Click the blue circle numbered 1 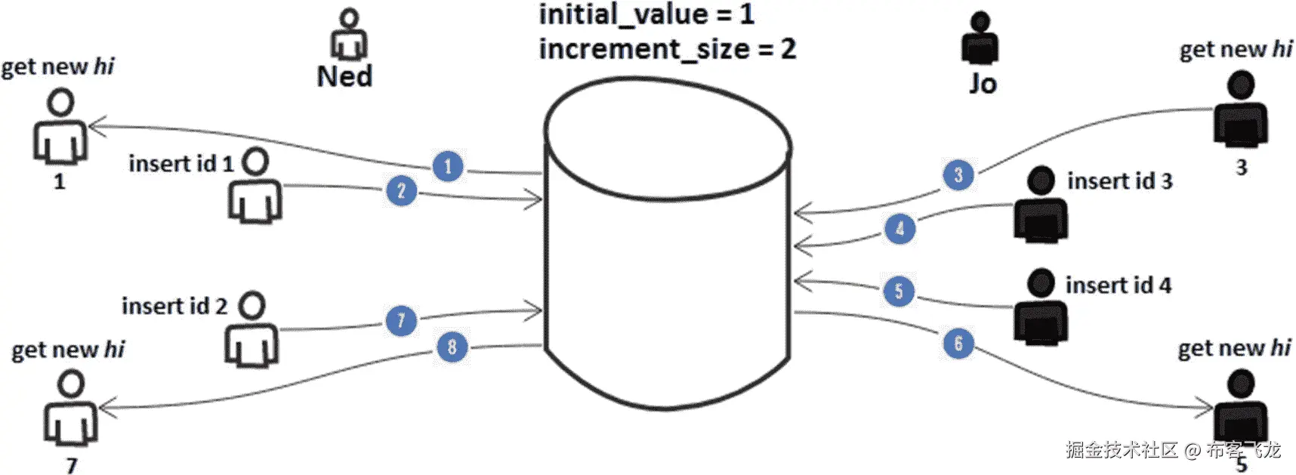[448, 166]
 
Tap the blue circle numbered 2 [401, 191]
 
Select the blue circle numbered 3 [958, 175]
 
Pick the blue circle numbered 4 [899, 228]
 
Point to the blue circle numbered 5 [899, 291]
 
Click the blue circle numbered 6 [958, 344]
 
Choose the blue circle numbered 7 [401, 321]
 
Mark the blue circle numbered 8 [452, 347]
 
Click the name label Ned [344, 76]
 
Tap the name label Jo [983, 83]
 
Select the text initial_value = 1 [646, 14]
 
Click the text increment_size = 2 [667, 49]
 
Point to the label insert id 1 [181, 164]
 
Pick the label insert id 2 [174, 306]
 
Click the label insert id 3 [1119, 181]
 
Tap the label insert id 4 [1119, 285]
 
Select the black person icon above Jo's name [980, 38]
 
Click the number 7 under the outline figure [72, 465]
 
